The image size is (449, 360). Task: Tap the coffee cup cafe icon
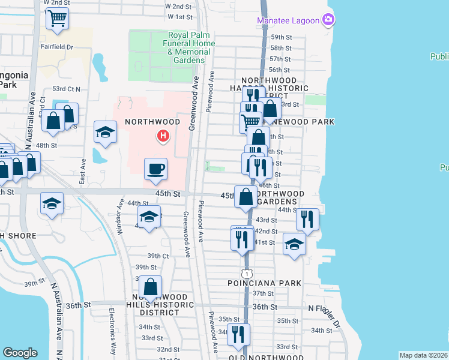coord(155,169)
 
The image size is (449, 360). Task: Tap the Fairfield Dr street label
coord(58,46)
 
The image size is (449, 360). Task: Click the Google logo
coord(20,353)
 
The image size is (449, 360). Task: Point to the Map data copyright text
coord(423,355)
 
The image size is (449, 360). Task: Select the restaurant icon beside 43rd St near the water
coord(307,220)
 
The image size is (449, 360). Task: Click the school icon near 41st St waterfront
coord(294,244)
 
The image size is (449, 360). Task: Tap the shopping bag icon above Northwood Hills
coord(150,287)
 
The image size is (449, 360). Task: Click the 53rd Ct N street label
coord(66,89)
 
